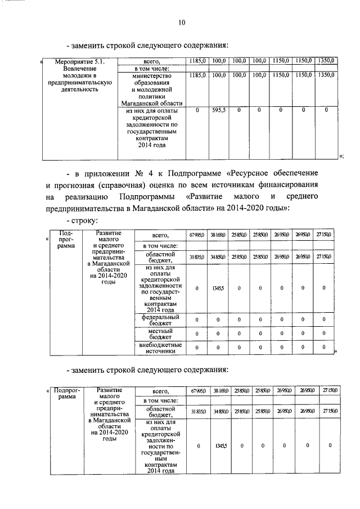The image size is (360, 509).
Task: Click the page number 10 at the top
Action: click(x=181, y=22)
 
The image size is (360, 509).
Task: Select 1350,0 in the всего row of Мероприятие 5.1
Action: click(x=326, y=60)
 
